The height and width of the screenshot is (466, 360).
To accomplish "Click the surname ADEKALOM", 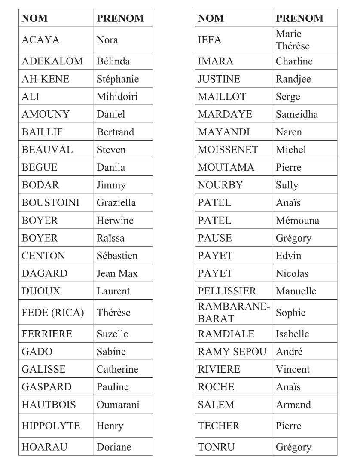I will tap(52, 61).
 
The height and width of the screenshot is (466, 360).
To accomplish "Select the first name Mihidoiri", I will tap(117, 97).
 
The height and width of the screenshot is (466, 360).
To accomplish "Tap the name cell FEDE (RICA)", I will tap(52, 313).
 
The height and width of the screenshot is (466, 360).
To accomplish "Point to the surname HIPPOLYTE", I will tap(51, 426).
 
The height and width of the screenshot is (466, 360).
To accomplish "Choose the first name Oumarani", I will tap(118, 405).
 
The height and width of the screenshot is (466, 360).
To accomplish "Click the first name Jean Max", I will tap(117, 273).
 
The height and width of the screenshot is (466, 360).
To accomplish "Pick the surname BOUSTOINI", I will tap(50, 202).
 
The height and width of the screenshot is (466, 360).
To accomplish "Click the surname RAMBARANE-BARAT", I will tap(233, 313).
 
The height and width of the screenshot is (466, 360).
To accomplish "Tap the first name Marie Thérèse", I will tap(293, 40).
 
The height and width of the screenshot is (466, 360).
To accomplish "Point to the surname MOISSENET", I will tap(228, 150).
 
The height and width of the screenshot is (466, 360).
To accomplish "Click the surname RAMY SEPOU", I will tap(232, 352).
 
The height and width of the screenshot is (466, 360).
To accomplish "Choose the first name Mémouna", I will tap(297, 221).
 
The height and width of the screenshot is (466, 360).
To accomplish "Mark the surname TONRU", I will tap(216, 447).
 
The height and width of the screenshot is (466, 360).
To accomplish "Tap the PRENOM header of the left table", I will tap(120, 18).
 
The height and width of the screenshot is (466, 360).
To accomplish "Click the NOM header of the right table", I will tap(211, 18).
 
